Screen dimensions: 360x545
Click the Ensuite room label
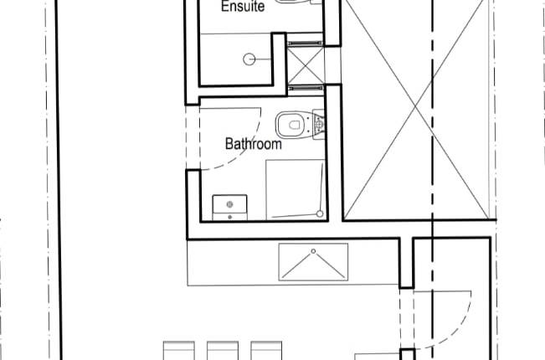tap(243, 8)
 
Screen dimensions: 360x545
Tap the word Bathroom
tap(253, 144)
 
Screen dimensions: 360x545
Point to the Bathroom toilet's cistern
tap(317, 125)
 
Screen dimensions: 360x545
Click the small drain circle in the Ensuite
tap(249, 59)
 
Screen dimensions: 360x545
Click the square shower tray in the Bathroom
tap(295, 188)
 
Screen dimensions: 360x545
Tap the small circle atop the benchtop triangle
tap(311, 251)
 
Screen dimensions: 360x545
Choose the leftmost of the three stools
tap(177, 351)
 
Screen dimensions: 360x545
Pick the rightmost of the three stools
tap(266, 351)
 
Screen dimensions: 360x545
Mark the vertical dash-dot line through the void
tap(432, 167)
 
